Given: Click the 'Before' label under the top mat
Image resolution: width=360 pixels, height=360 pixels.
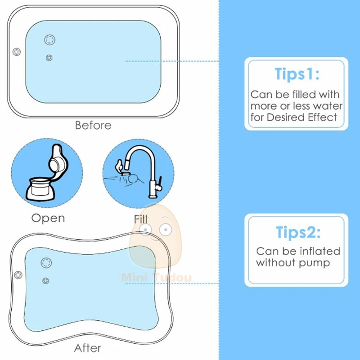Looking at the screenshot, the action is pyautogui.click(x=93, y=126).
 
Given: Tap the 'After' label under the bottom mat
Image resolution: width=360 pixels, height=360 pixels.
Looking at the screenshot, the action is pyautogui.click(x=87, y=348).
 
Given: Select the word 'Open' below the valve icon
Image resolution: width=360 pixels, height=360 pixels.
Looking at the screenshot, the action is pyautogui.click(x=48, y=218).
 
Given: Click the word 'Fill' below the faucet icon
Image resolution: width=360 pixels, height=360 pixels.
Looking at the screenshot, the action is pyautogui.click(x=140, y=219).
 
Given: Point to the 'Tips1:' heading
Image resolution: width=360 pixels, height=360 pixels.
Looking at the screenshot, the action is pyautogui.click(x=297, y=74).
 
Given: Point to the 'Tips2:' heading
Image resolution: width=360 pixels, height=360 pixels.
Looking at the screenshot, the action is pyautogui.click(x=298, y=232).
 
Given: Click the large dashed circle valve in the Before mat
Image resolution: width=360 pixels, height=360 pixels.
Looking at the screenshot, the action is pyautogui.click(x=50, y=40).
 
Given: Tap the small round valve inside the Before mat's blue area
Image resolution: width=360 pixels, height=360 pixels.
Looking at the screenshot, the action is pyautogui.click(x=49, y=58).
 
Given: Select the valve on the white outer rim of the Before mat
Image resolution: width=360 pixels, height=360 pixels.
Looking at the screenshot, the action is pyautogui.click(x=17, y=52).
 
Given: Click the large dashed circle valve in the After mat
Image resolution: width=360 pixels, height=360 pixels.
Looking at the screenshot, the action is pyautogui.click(x=46, y=263).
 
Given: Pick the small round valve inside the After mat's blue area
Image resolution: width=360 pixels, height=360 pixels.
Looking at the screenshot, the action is pyautogui.click(x=46, y=280).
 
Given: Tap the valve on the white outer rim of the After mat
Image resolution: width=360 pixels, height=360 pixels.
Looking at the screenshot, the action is pyautogui.click(x=18, y=275).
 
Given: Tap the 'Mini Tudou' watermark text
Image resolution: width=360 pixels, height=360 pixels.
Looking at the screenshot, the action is pyautogui.click(x=156, y=277).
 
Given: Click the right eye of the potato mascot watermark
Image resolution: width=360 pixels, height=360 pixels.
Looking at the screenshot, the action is pyautogui.click(x=166, y=229).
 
